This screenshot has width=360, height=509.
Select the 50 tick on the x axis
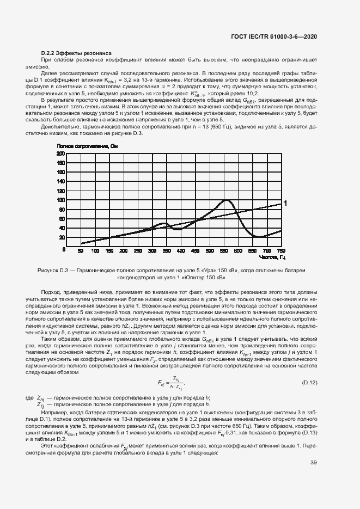pos(81,251)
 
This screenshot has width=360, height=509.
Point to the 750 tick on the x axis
pos(282,251)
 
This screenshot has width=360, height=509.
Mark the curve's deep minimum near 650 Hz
pos(258,237)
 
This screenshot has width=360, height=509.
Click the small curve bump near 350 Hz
pos(163,223)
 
